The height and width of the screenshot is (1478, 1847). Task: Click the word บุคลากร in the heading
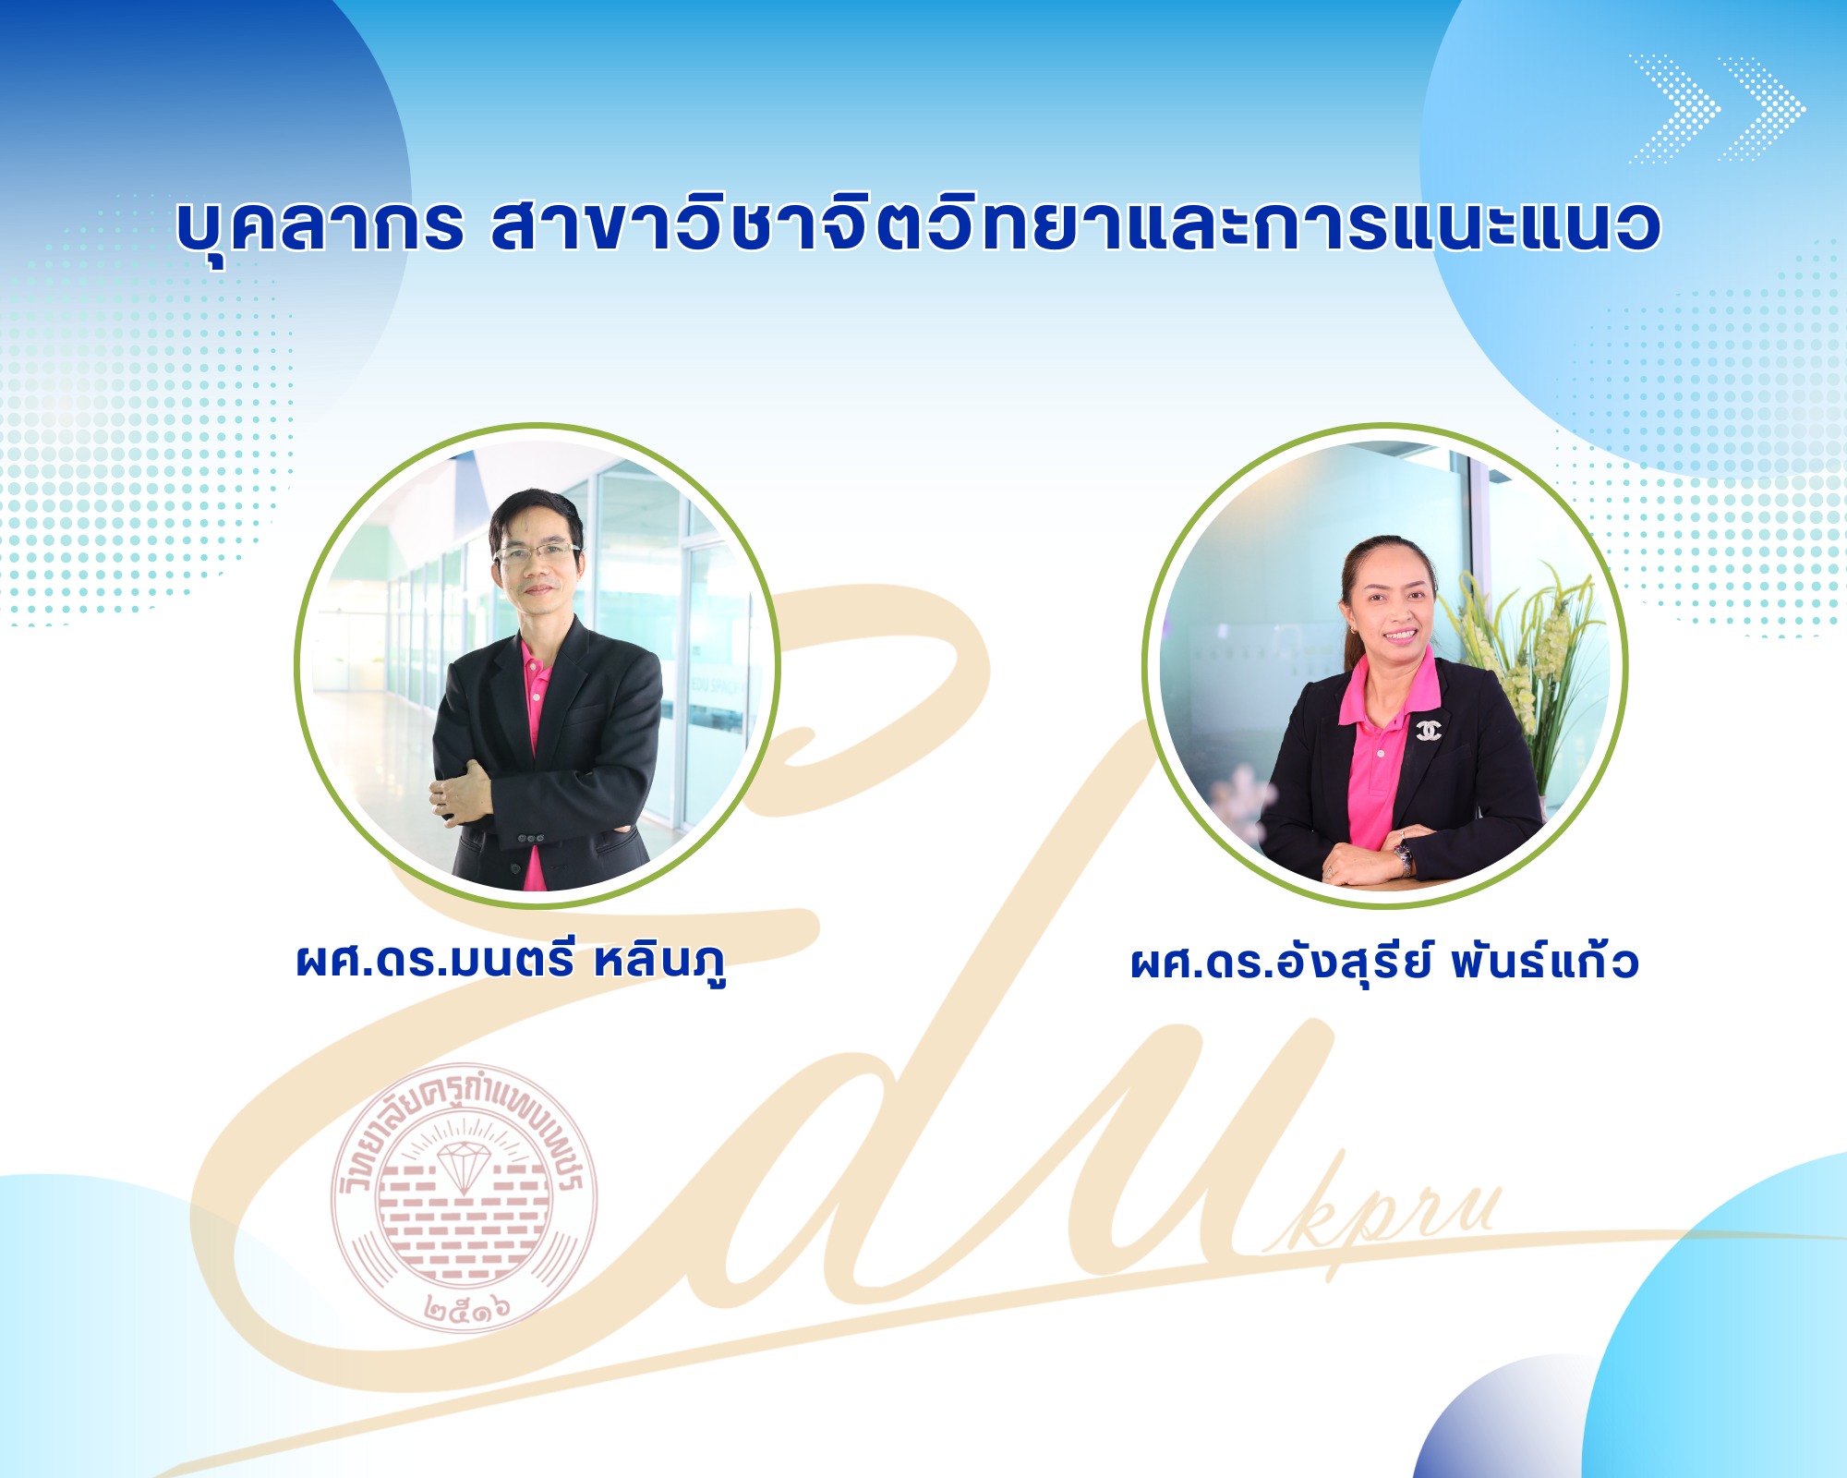pyautogui.click(x=320, y=226)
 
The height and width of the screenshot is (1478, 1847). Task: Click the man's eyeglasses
pyautogui.click(x=537, y=553)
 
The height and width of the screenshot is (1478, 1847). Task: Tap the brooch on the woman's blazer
pyautogui.click(x=1429, y=730)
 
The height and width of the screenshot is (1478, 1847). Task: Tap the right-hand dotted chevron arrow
pyautogui.click(x=1761, y=109)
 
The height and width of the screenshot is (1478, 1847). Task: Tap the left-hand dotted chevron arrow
pyautogui.click(x=1674, y=109)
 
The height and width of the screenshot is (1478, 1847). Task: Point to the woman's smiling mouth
pyautogui.click(x=1398, y=635)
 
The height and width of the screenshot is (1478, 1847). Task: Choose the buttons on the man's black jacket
pyautogui.click(x=529, y=839)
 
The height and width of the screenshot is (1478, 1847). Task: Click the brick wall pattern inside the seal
pyautogui.click(x=462, y=1219)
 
